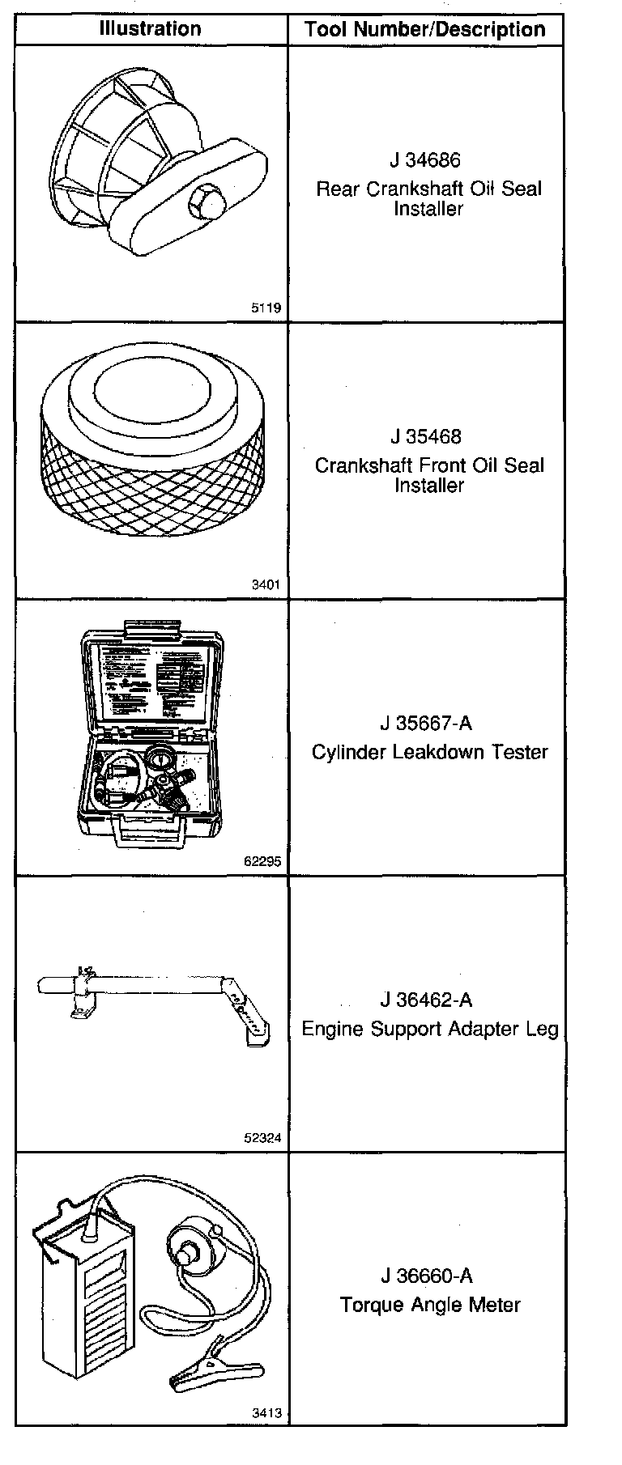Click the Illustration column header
(151, 29)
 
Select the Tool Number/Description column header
(425, 31)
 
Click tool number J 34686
(425, 159)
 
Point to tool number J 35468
(425, 436)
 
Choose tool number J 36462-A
(429, 1000)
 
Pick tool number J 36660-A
(429, 1276)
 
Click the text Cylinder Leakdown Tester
(429, 752)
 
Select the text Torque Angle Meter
(429, 1305)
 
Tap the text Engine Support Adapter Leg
(429, 1029)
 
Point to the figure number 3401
(266, 585)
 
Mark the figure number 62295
(262, 861)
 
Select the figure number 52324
(262, 1138)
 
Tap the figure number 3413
(266, 1414)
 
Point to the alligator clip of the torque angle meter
(199, 1373)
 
